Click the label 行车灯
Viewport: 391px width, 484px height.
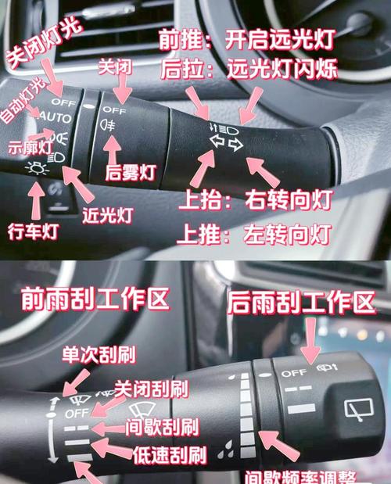tap(30, 231)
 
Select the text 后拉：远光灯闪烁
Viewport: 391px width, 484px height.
tap(249, 70)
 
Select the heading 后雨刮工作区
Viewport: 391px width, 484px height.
tap(301, 303)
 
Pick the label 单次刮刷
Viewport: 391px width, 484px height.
tap(99, 356)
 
